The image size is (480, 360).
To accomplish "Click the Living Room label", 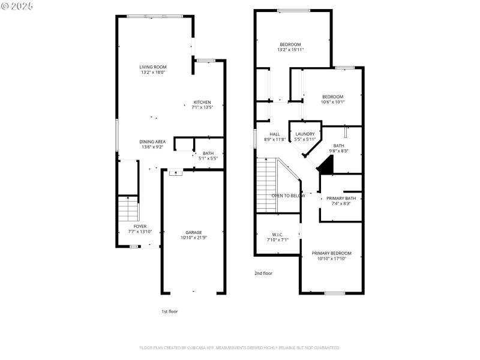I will [153, 67].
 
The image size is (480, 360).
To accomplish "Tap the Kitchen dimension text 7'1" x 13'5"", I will [202, 107].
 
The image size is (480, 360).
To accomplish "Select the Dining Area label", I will [153, 141].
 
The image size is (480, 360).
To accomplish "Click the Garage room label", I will [193, 232].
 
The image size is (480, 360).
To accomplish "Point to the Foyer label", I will [140, 226].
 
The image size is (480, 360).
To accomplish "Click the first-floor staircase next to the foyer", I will [128, 210].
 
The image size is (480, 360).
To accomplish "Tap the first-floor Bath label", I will [208, 153].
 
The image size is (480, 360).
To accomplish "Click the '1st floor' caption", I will [170, 311].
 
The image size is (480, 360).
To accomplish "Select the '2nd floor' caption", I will [263, 273].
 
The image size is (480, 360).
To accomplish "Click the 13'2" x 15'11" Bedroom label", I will [290, 44].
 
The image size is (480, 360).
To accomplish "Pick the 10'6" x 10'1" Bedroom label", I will [332, 97].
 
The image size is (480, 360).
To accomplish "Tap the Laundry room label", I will [305, 134].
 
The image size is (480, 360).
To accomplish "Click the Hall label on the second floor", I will [275, 134].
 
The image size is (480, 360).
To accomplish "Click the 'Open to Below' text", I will [288, 196].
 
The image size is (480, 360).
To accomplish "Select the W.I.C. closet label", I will [278, 235].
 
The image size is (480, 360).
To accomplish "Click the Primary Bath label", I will [341, 198].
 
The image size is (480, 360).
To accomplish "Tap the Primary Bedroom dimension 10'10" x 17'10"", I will [331, 259].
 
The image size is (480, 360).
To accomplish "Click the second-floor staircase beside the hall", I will [265, 186].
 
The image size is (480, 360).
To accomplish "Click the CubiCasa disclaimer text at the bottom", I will [240, 347].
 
